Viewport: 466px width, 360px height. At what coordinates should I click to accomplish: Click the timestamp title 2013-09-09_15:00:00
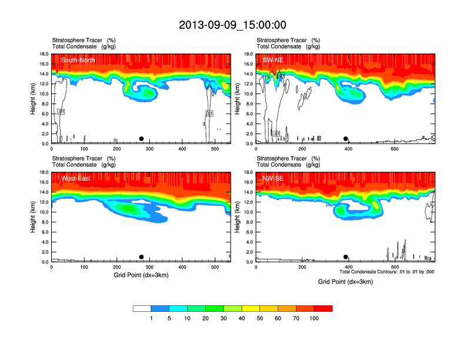click(232, 25)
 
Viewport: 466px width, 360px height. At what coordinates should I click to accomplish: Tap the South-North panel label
click(78, 60)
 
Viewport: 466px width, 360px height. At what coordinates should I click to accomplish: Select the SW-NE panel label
click(274, 60)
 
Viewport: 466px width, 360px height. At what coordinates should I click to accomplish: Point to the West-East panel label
click(76, 178)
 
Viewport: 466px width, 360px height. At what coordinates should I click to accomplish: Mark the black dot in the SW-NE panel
click(346, 139)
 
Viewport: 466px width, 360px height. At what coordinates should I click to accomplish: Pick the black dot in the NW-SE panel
click(346, 257)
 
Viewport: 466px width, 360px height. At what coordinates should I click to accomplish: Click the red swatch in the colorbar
click(323, 308)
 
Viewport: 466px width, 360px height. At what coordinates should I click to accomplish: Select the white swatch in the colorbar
click(142, 308)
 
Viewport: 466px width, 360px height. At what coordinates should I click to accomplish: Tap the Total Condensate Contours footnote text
click(387, 272)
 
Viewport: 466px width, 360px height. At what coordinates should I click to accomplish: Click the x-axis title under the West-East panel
click(141, 275)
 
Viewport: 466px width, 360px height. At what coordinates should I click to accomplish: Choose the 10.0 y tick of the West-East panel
click(44, 212)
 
